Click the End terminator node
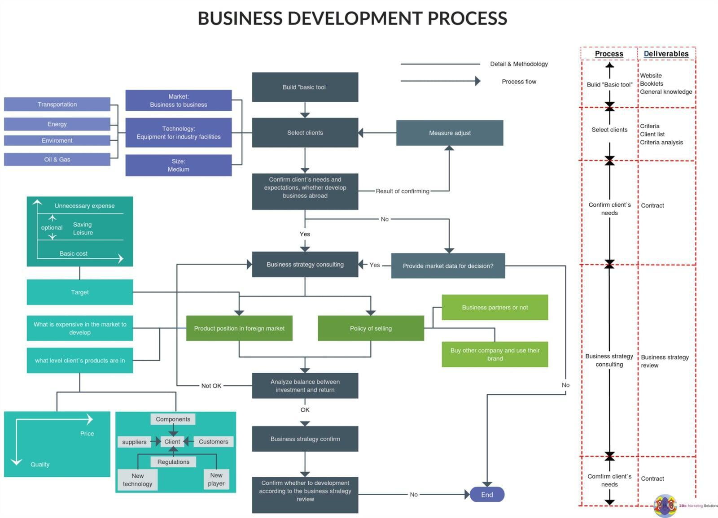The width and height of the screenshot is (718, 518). [x=487, y=494]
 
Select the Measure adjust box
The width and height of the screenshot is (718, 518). [x=450, y=133]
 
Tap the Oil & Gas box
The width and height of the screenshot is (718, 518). [x=57, y=159]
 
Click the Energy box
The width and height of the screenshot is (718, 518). [x=57, y=124]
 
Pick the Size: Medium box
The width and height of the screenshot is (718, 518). [x=179, y=165]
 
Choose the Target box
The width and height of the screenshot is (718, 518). [x=80, y=292]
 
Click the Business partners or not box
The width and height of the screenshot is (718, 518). [x=495, y=307]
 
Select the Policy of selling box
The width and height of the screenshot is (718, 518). [x=371, y=328]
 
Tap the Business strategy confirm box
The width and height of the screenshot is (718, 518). [x=305, y=439]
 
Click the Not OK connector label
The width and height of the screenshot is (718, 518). [x=211, y=386]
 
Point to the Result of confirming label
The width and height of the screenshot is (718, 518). [x=402, y=191]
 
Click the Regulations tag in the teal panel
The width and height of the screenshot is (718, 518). [x=173, y=461]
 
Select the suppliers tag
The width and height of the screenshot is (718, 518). [x=134, y=442]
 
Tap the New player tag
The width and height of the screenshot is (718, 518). [x=216, y=479]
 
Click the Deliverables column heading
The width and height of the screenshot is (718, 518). [x=666, y=53]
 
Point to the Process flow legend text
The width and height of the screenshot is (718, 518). [x=519, y=81]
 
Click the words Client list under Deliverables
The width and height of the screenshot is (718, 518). [x=652, y=134]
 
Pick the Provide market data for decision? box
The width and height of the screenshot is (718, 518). [x=448, y=266]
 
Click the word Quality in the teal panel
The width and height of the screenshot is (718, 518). [x=40, y=464]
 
